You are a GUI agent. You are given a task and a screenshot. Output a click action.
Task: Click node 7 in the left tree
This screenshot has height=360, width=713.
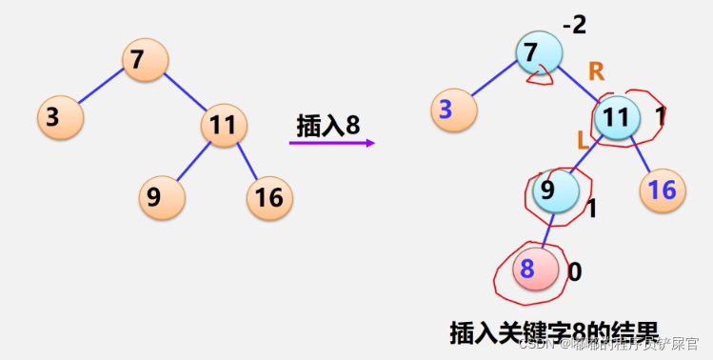point(146,61)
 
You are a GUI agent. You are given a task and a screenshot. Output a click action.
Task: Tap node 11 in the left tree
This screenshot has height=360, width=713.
point(225,125)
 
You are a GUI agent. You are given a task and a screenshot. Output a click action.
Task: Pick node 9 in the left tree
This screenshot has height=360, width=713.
point(161,197)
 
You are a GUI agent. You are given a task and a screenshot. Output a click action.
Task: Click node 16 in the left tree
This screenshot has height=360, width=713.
point(269,197)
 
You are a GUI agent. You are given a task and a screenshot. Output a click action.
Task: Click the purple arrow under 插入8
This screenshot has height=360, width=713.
point(332,144)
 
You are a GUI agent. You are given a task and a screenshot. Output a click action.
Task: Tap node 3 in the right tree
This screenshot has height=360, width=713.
point(453,110)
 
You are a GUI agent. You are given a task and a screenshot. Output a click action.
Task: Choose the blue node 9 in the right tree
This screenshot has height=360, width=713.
point(556,190)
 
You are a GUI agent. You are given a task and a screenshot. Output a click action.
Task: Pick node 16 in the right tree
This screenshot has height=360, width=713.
point(663,190)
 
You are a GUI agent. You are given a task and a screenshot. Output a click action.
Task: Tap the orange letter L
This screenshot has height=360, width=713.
point(583,140)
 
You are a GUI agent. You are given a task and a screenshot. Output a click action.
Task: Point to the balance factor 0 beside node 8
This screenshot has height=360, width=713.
point(575,272)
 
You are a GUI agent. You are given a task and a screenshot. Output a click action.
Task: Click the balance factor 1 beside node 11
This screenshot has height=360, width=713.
point(661,116)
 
